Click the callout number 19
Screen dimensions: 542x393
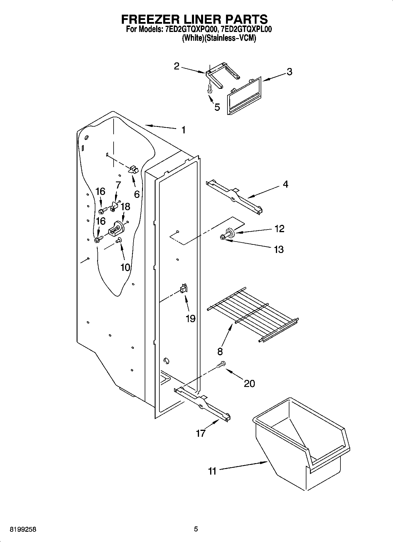[190, 318]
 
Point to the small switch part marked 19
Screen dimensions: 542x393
[184, 288]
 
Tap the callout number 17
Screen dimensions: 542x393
[200, 433]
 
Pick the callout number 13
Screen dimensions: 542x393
[279, 249]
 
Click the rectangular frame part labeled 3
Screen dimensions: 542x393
[244, 95]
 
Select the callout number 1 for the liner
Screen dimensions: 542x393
[183, 130]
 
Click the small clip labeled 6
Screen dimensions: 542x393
[133, 169]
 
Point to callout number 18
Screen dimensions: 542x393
[125, 207]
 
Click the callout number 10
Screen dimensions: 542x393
[125, 267]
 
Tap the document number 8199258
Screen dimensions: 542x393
[23, 529]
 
